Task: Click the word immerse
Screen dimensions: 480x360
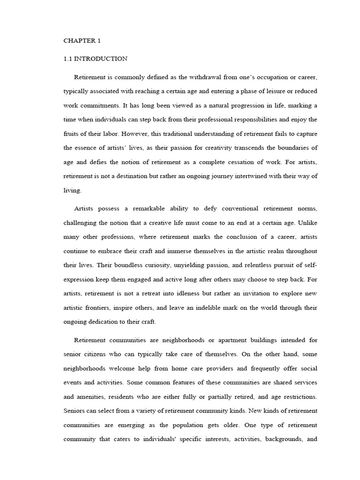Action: [x=173, y=251]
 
